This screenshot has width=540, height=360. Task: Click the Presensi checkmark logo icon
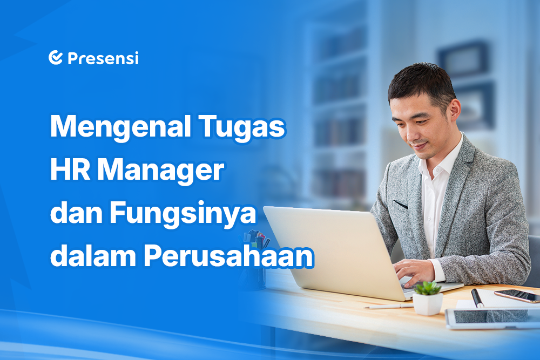56,57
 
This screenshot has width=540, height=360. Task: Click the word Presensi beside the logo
103,58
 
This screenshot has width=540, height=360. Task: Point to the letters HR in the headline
70,169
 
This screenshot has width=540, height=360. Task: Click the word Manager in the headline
160,171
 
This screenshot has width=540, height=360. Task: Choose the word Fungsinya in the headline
183,214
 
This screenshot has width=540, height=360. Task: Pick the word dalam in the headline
93,256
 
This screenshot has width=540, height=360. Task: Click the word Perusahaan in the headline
228,256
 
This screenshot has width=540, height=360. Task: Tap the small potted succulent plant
427,298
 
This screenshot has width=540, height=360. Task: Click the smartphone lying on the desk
517,296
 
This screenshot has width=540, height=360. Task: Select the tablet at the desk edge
492,318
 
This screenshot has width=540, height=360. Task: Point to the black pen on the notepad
477,298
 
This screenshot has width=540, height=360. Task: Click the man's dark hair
422,83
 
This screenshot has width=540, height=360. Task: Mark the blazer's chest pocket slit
401,205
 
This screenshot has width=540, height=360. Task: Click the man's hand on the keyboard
414,272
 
